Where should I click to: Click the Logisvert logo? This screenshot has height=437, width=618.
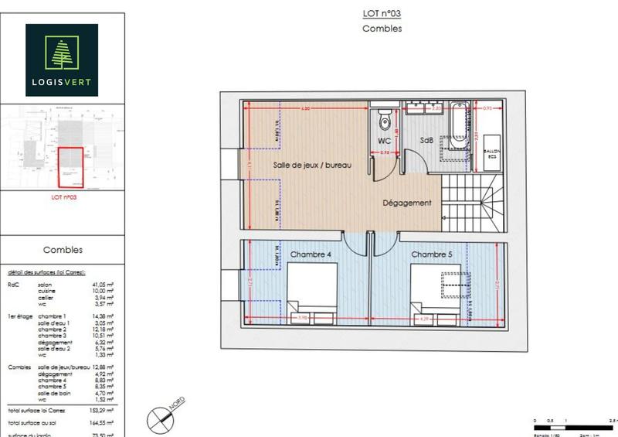(x=61, y=60)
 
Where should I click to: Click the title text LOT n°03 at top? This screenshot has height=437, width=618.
(x=382, y=13)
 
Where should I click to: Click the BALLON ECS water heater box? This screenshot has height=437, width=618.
(x=491, y=152)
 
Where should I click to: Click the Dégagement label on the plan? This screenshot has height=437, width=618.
(x=407, y=203)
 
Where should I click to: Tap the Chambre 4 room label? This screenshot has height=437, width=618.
(x=311, y=254)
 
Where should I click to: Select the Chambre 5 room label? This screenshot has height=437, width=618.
(x=431, y=254)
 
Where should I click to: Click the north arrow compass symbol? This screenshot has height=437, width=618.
(x=158, y=418)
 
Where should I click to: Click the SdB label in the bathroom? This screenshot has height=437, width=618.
(x=426, y=140)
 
